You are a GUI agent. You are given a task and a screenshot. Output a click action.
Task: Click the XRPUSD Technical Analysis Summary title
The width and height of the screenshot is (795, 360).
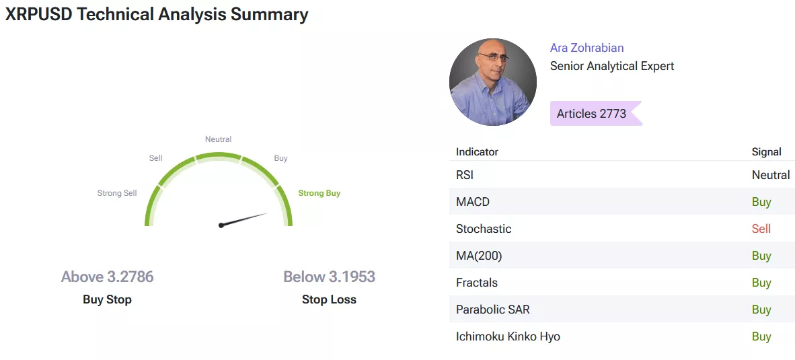click(x=157, y=14)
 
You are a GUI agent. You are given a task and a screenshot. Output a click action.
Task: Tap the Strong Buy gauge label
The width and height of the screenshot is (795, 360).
click(x=319, y=193)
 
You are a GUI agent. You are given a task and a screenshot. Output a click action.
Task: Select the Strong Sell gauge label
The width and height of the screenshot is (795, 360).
click(x=117, y=193)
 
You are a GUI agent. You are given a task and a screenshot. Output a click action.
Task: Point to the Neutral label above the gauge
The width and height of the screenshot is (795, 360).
click(x=218, y=139)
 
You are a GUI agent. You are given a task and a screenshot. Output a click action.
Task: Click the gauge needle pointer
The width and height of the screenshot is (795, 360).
click(x=244, y=219)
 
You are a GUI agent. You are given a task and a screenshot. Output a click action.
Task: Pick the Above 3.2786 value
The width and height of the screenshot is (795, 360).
click(x=108, y=277)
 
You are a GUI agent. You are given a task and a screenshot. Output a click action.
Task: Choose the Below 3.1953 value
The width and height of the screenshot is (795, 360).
click(x=329, y=277)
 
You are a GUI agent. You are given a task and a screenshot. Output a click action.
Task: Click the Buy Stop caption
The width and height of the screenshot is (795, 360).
click(x=107, y=299)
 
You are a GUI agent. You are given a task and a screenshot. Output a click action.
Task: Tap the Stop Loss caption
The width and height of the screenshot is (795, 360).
click(x=329, y=299)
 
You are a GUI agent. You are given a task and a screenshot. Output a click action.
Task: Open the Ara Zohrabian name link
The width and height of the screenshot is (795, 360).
click(x=587, y=48)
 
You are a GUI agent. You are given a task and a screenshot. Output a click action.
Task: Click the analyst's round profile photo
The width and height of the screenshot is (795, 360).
click(x=493, y=81)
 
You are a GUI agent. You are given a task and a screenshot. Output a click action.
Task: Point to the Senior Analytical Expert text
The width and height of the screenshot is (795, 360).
click(x=612, y=66)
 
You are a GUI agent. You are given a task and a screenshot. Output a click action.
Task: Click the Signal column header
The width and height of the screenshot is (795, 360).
click(x=767, y=151)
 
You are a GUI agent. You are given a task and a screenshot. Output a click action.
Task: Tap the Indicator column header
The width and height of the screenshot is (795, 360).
click(x=477, y=151)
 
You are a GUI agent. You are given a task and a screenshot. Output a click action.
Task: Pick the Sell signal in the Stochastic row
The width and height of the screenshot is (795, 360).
click(x=761, y=229)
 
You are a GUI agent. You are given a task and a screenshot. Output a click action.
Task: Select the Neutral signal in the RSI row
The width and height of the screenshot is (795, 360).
click(x=771, y=175)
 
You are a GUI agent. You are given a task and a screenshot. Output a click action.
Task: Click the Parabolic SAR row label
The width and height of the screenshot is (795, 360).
click(x=493, y=310)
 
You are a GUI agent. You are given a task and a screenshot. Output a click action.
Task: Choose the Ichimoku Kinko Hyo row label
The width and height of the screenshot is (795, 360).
click(x=508, y=336)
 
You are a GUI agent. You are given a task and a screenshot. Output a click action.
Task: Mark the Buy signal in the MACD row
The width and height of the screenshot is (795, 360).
click(x=761, y=202)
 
